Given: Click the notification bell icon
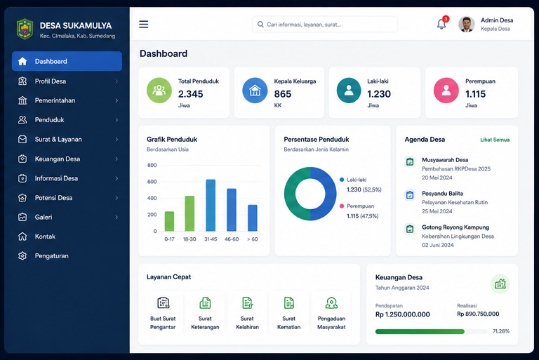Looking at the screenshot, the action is pos(441,24).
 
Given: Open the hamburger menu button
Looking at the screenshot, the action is pos(144,24).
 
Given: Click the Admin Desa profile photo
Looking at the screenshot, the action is pos(467,24).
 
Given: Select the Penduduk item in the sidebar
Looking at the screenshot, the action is pos(50,120).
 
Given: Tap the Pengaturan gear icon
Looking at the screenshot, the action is pos(22,256).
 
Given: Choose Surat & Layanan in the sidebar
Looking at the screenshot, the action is pos(58,139).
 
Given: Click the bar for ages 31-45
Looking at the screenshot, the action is pos(211,206).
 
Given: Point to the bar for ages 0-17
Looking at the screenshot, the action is pos(169,221).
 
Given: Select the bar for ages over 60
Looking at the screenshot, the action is pos(253,218).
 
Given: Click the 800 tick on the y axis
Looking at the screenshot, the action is pos(152,165).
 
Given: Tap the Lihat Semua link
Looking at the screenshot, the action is pos(495,140).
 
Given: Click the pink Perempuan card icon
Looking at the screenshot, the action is pos(446,91).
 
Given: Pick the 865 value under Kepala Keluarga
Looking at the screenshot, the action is pos(283,94).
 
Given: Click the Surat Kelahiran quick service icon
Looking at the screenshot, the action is pos(247,303).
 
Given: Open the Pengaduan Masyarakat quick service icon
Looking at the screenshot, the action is pos(331,303).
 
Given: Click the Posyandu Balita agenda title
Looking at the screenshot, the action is pos(442,193).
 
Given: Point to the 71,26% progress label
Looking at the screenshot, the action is pos(501,331).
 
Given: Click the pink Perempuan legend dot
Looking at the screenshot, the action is pos(342,206).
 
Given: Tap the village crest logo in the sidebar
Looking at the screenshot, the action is pos(25,29).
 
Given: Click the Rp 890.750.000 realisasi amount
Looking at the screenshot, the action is pos(478,314).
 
